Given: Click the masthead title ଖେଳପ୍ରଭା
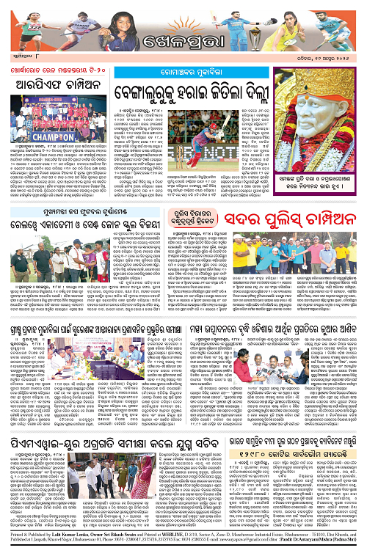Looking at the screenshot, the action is [183, 34].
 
